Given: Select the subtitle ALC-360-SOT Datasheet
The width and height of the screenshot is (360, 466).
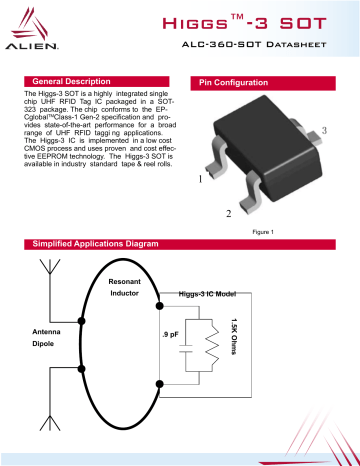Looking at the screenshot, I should [x=267, y=48].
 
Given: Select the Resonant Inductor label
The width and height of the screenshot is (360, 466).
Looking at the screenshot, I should [x=124, y=288].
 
